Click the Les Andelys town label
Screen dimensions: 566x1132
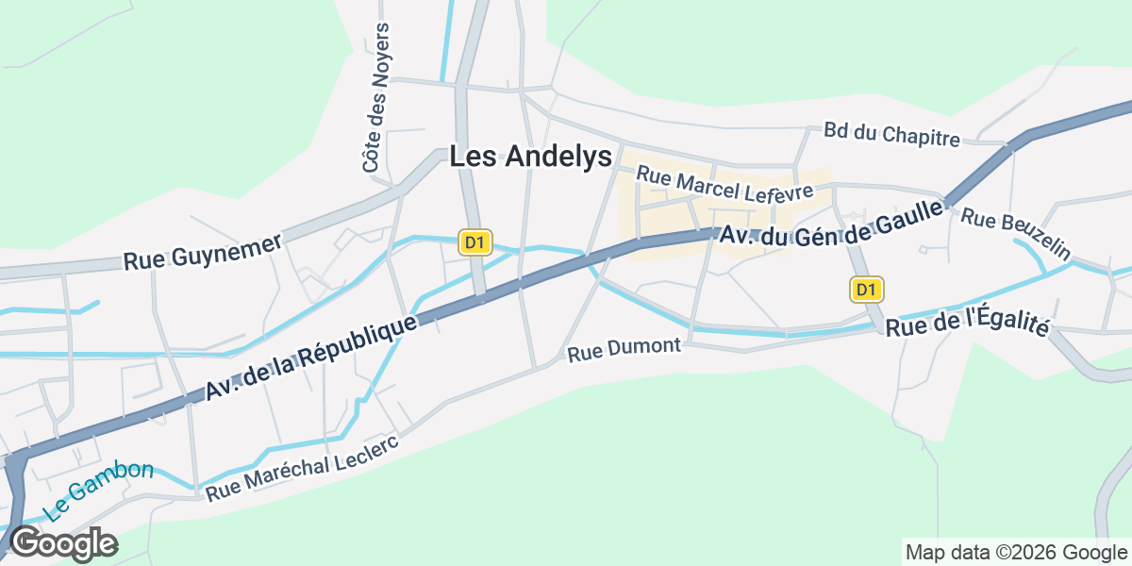[531, 157]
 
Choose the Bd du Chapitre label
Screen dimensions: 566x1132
[891, 134]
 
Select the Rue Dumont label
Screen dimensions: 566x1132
[624, 348]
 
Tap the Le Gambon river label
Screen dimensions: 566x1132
[99, 490]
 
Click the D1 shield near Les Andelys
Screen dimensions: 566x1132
[475, 242]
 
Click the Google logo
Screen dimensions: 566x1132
[63, 543]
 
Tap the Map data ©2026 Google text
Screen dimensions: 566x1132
[1015, 552]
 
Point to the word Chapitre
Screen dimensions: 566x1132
[919, 136]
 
